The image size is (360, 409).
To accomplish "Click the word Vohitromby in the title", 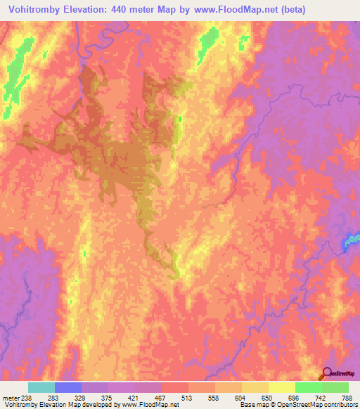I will [x=32, y=10].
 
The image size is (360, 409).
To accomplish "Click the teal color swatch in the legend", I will [x=41, y=387].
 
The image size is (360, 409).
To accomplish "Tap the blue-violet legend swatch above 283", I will [x=68, y=387].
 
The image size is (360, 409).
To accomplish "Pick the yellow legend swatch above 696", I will [x=282, y=387].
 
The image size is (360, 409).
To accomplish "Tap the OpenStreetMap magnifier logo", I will [x=326, y=375].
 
